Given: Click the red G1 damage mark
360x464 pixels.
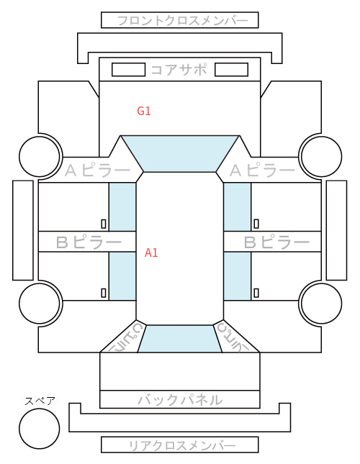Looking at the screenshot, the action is click(x=144, y=111).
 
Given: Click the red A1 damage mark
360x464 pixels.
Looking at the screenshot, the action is click(x=151, y=253).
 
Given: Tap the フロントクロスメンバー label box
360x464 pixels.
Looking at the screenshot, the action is click(x=180, y=20).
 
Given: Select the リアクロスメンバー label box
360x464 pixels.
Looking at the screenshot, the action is click(x=180, y=445).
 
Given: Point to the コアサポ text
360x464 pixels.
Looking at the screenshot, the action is click(x=179, y=70).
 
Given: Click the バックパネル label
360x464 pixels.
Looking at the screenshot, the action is click(x=180, y=400).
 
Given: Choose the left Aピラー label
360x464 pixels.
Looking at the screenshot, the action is click(x=97, y=170).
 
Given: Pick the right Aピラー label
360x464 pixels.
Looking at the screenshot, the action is click(x=262, y=170).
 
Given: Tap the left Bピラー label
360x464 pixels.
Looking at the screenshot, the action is click(x=89, y=242).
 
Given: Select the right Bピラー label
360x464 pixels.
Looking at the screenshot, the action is click(x=276, y=242).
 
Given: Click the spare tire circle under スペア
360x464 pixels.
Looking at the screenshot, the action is click(x=40, y=428).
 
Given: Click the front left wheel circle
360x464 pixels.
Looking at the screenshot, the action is click(x=40, y=156).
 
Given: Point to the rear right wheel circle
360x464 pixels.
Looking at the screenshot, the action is click(x=322, y=303).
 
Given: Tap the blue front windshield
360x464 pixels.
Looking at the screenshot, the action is click(x=180, y=154).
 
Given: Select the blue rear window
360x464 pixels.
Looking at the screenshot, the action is click(x=180, y=339).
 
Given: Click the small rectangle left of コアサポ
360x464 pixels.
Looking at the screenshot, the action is click(x=128, y=70).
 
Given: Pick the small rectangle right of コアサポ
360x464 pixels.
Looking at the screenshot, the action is click(x=231, y=70).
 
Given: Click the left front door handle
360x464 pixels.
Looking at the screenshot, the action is click(x=104, y=224).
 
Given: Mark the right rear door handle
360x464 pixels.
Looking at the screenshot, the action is click(x=256, y=293).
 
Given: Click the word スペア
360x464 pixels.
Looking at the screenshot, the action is click(x=40, y=401).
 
